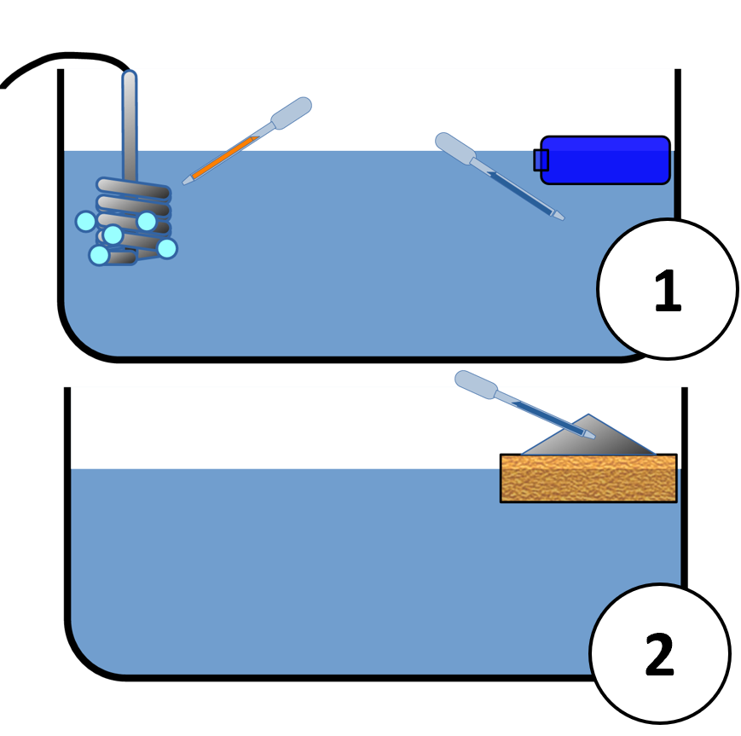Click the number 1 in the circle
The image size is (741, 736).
667,291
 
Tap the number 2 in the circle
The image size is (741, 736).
659,655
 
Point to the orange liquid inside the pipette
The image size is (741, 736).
223,158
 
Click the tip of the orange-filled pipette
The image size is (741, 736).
187,181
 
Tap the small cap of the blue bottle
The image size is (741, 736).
541,159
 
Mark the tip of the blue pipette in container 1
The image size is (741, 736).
559,217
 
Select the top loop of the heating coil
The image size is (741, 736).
133,187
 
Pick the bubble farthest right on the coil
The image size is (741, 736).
167,248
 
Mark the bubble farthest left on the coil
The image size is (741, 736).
85,222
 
